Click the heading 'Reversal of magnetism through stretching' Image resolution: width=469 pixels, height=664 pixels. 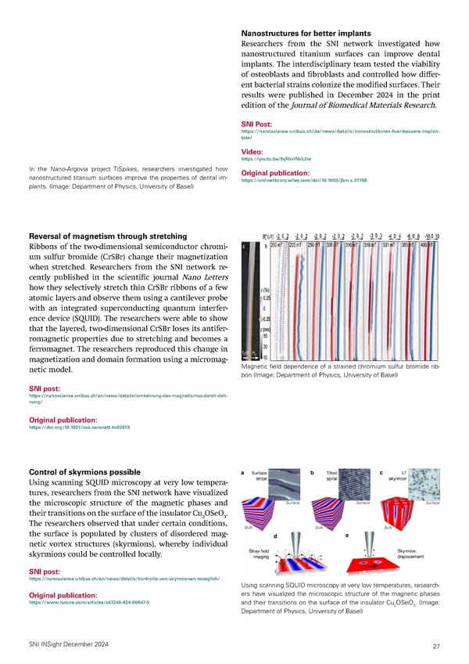click(x=108, y=236)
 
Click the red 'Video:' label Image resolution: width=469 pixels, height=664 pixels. click(x=253, y=152)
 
